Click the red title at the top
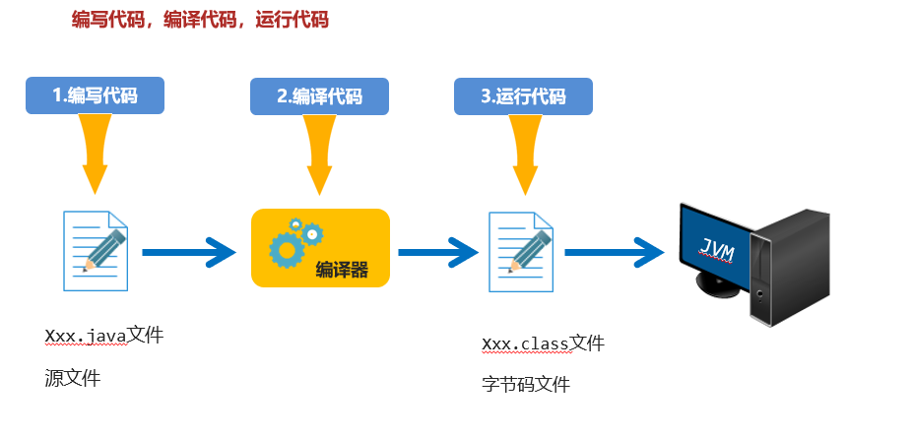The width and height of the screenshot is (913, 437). (x=200, y=20)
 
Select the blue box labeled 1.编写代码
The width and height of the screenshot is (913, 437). (x=95, y=95)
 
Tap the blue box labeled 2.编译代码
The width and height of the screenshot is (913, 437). (x=319, y=95)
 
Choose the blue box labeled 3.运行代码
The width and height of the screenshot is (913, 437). (x=523, y=95)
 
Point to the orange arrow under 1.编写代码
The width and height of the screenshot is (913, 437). (x=95, y=153)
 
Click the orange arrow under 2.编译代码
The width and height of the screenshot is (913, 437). (x=319, y=153)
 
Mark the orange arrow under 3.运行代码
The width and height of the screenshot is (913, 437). (x=523, y=153)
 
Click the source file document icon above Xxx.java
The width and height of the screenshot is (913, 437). (x=96, y=250)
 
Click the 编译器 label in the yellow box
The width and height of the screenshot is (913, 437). (x=342, y=270)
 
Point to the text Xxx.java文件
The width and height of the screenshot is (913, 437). (x=103, y=336)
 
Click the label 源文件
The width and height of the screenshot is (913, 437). (x=72, y=377)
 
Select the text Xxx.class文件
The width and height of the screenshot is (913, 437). (x=543, y=343)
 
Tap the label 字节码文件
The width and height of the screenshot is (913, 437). (x=526, y=384)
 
